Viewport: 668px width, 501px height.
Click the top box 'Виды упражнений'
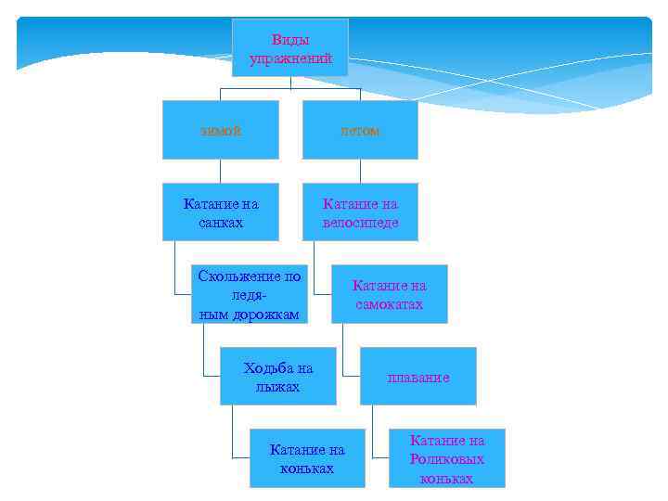pos(289,47)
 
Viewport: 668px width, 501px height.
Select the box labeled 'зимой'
pos(220,130)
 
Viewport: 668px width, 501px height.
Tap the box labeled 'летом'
pos(360,130)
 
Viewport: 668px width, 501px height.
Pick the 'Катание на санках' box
pos(220,212)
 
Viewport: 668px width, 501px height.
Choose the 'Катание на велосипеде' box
pos(360,212)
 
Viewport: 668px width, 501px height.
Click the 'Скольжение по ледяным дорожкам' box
pos(249,294)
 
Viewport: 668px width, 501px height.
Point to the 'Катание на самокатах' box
pos(389,294)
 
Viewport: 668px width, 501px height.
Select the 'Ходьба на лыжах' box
pos(277,377)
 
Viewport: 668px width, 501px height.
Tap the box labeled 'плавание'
pos(417,377)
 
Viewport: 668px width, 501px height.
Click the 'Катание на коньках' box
pos(306,458)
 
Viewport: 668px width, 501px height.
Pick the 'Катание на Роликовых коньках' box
pos(446,458)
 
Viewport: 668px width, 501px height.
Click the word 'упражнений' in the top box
pos(290,58)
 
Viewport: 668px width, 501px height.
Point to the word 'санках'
pos(221,223)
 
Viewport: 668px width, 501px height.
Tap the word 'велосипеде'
pos(361,223)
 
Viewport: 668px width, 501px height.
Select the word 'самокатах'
pos(390,304)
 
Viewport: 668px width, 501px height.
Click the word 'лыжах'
pos(278,386)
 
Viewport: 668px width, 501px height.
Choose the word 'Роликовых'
pos(447,459)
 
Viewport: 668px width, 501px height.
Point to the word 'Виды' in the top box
pos(290,40)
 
